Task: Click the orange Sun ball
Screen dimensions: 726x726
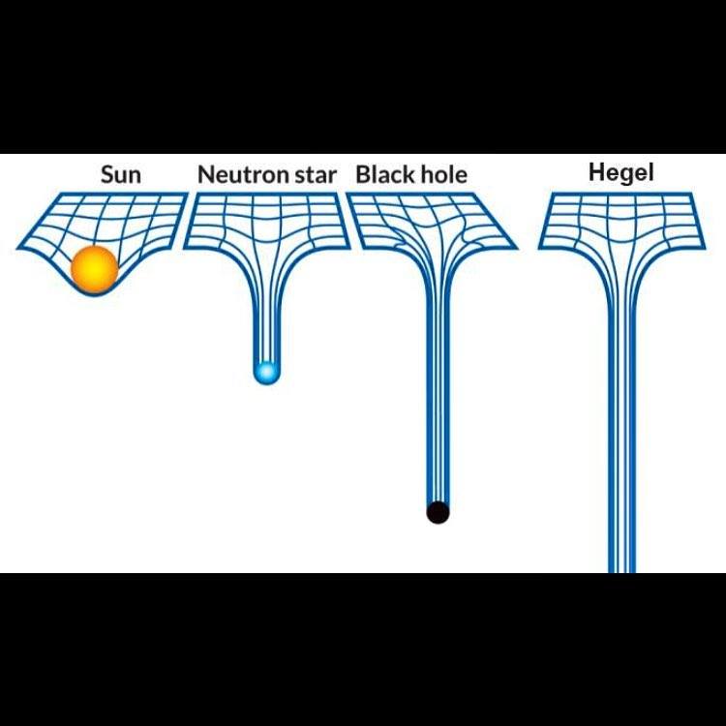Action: (x=94, y=269)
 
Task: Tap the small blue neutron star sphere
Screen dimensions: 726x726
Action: (x=266, y=372)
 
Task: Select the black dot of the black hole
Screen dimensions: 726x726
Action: (x=438, y=511)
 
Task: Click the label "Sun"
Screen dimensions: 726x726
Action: (x=121, y=175)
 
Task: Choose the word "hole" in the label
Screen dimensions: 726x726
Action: (x=440, y=175)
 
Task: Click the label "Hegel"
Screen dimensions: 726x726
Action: (x=621, y=173)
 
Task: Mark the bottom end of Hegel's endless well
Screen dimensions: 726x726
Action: (x=621, y=568)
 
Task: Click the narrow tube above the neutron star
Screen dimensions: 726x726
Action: (x=266, y=310)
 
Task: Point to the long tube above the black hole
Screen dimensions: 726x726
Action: (x=438, y=387)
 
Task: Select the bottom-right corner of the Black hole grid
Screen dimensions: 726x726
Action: (x=517, y=248)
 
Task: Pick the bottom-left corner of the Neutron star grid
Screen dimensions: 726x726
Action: (x=184, y=246)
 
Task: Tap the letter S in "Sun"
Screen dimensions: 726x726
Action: (x=107, y=175)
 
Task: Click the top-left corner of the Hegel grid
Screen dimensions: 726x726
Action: (x=552, y=194)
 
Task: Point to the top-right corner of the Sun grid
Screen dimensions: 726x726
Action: (x=187, y=194)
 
